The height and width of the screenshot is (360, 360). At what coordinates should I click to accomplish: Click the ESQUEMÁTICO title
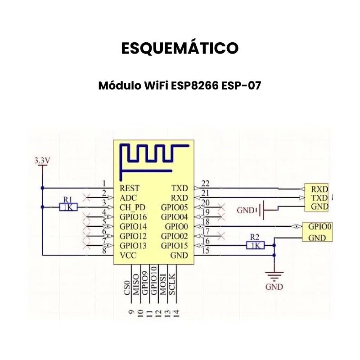click(180, 48)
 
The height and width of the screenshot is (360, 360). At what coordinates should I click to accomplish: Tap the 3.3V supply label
click(42, 160)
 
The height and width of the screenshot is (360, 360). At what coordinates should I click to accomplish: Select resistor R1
click(68, 207)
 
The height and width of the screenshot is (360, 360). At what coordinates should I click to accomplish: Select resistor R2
click(255, 245)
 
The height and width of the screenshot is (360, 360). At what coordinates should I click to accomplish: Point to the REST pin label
click(130, 188)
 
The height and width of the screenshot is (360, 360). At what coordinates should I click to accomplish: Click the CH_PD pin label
click(132, 207)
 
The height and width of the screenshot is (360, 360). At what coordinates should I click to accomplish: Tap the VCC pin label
click(128, 255)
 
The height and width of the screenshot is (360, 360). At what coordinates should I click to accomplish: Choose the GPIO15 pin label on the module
click(175, 246)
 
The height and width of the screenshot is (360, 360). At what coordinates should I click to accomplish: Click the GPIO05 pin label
click(175, 207)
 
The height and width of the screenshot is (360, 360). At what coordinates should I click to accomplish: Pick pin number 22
click(206, 184)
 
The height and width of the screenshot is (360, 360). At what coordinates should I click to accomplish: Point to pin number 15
click(206, 251)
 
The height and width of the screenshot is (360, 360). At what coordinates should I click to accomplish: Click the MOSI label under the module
click(163, 284)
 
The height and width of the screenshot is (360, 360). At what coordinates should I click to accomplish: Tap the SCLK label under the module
click(172, 284)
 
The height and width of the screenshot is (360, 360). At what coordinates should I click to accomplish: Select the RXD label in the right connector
click(319, 189)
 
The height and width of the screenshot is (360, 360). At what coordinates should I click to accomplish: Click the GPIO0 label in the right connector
click(320, 227)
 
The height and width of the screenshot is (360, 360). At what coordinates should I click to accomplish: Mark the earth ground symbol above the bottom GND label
click(274, 276)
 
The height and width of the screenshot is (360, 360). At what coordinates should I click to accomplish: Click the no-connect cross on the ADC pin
click(86, 198)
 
